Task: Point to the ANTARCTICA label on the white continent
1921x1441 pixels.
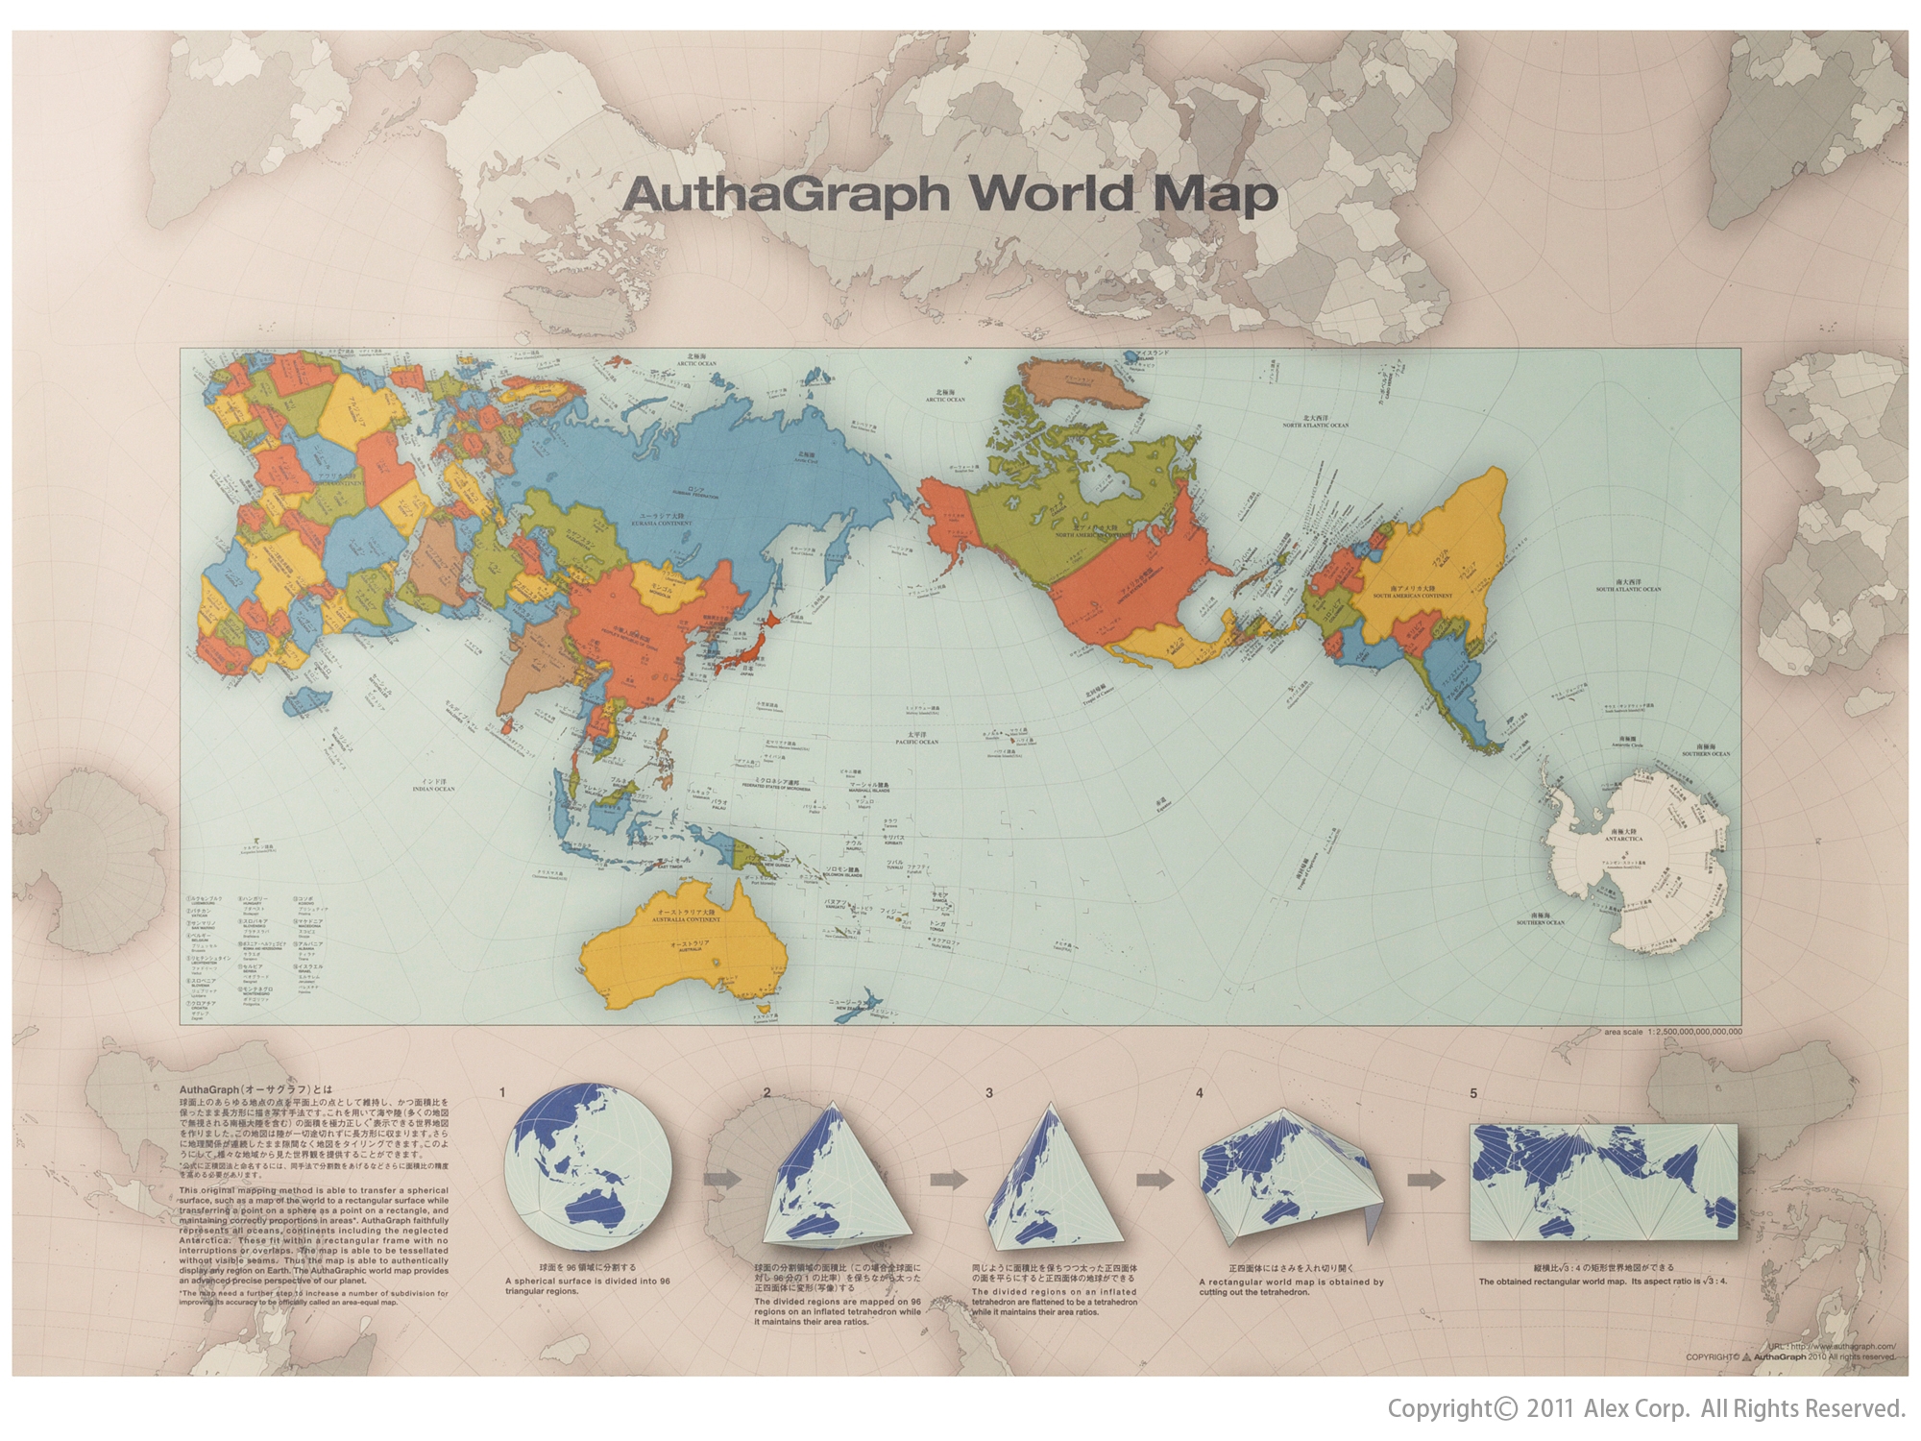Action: pyautogui.click(x=1622, y=839)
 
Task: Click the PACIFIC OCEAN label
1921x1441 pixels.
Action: pyautogui.click(x=915, y=742)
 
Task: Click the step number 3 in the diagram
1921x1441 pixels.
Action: pyautogui.click(x=989, y=1093)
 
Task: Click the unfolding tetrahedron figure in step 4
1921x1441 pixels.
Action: pyautogui.click(x=1292, y=1177)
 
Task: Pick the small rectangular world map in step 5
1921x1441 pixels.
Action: pyautogui.click(x=1604, y=1180)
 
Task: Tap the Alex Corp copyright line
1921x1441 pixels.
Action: pyautogui.click(x=1645, y=1409)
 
